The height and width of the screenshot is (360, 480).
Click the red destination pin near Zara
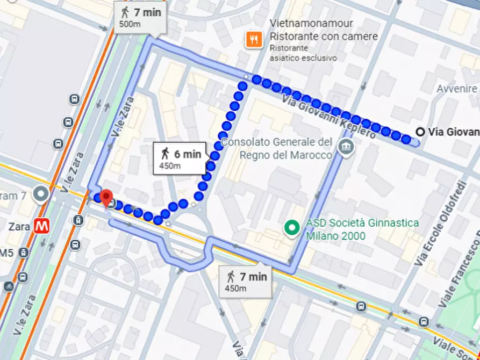[106, 197]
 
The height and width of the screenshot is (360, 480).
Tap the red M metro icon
[41, 226]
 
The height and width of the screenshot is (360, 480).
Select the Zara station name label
[19, 226]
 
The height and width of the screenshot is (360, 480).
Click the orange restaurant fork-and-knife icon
[253, 39]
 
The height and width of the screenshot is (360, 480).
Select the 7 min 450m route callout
[246, 282]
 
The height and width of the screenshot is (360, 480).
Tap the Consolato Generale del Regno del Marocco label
[277, 148]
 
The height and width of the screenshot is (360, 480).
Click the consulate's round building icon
[345, 146]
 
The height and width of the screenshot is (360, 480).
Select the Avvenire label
[457, 89]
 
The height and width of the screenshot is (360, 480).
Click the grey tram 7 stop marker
[41, 194]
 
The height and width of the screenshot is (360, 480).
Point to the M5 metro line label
[6, 253]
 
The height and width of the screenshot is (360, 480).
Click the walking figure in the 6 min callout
[164, 154]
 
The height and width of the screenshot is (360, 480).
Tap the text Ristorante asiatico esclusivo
[303, 53]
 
